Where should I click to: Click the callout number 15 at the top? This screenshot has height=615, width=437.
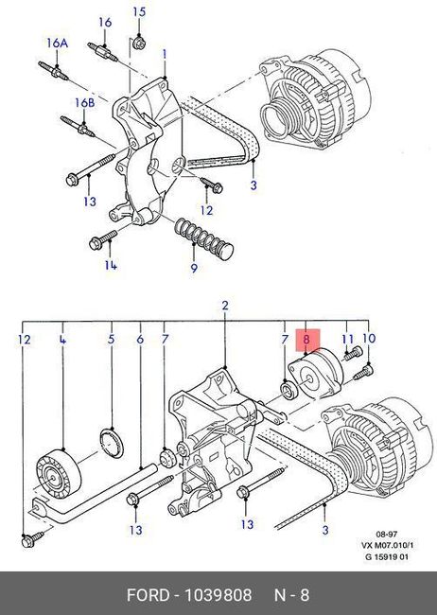[139, 12]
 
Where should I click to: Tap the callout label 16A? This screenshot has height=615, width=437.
[58, 44]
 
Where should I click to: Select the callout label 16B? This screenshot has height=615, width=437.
[85, 103]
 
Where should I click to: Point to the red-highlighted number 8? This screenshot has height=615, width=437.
[306, 340]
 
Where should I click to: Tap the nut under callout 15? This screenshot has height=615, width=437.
[138, 43]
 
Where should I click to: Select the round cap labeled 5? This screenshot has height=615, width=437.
[112, 443]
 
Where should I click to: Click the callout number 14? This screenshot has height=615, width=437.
[111, 266]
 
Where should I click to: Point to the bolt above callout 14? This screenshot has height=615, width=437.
[103, 239]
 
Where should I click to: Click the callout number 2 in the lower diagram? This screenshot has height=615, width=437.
[225, 306]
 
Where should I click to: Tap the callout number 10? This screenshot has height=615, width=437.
[369, 339]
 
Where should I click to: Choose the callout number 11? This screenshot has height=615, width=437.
[347, 339]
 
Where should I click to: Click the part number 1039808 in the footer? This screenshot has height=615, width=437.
[218, 595]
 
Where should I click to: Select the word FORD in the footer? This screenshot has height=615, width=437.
[148, 595]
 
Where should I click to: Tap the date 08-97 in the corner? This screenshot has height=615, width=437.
[387, 534]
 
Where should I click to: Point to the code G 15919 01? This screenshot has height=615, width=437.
[387, 556]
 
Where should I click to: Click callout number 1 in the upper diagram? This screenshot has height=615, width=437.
[165, 55]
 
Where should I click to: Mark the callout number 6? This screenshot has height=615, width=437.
[140, 340]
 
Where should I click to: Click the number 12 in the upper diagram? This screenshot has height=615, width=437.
[206, 210]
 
